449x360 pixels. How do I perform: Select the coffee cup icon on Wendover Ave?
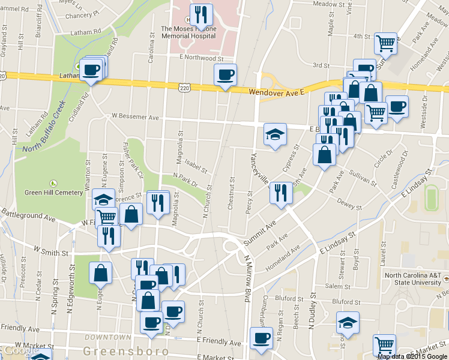point(225,76)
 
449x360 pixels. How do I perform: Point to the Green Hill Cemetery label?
point(53,193)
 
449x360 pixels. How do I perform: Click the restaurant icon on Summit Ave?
point(281,193)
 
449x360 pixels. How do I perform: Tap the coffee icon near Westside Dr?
point(397,107)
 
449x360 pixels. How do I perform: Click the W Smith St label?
point(51,252)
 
